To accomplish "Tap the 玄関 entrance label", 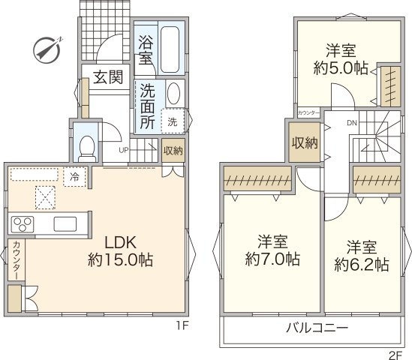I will (x=108, y=77).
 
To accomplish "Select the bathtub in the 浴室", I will (x=170, y=49).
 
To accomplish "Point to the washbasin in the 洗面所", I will (x=173, y=95).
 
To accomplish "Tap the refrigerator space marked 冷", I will (x=74, y=177).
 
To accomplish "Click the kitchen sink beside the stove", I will (x=64, y=223).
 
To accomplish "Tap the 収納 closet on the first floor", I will (x=173, y=151).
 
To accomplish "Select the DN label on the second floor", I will (x=351, y=123).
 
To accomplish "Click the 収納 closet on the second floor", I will (x=305, y=142).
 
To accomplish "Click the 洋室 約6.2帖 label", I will (x=361, y=255).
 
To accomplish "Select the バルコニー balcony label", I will (x=316, y=328).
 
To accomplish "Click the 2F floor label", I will (x=396, y=352).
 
